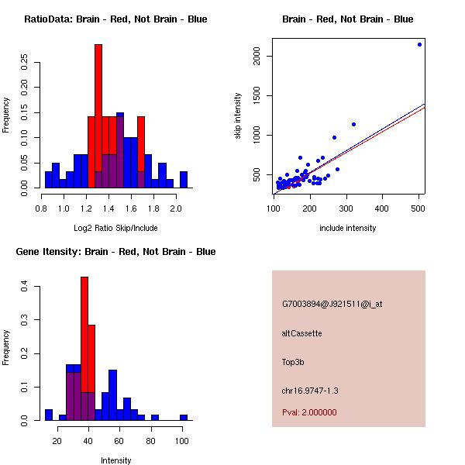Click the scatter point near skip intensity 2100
tap(419, 44)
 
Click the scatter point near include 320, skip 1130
tap(353, 124)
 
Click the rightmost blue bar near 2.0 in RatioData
tap(184, 180)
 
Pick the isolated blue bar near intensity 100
tap(184, 417)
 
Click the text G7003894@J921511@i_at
tap(332, 304)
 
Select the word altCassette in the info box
tap(301, 333)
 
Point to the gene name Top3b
tap(293, 361)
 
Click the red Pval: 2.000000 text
tap(309, 412)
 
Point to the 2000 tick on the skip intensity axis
tap(257, 56)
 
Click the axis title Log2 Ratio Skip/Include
tap(116, 228)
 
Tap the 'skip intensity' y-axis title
tap(239, 116)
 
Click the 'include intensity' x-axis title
tap(347, 228)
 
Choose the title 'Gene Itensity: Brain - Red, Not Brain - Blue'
tap(115, 251)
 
